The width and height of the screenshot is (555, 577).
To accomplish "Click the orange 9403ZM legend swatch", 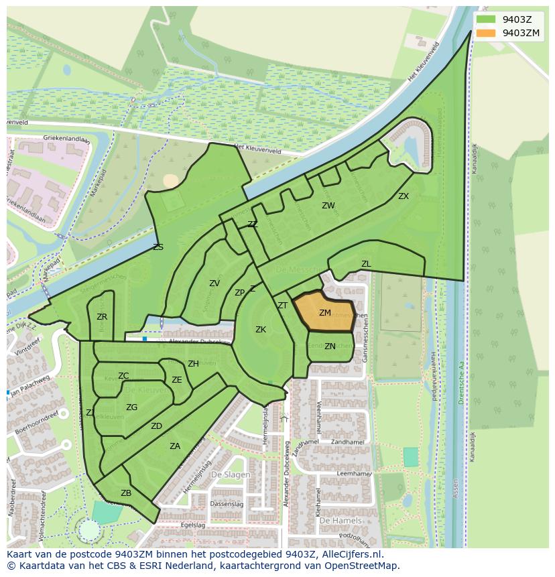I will click(487, 33).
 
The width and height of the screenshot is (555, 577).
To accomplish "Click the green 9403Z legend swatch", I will click(487, 19).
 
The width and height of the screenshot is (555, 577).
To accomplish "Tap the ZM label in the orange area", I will click(325, 313).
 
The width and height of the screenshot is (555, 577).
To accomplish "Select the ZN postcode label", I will click(330, 346).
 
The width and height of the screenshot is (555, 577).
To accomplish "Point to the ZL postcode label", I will click(366, 264).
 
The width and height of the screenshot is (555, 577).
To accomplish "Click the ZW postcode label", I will click(328, 206).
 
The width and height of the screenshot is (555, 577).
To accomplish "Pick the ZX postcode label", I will click(404, 196).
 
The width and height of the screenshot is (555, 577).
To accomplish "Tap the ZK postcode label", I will click(261, 330).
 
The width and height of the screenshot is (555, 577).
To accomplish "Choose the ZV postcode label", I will click(214, 283).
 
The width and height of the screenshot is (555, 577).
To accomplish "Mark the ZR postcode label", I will click(102, 317).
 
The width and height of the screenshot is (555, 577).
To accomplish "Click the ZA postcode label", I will click(175, 446).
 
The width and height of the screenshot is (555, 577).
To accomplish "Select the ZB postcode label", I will click(126, 493).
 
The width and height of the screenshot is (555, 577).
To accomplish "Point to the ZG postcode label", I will click(132, 407).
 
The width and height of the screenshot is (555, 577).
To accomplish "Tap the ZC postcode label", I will click(123, 376).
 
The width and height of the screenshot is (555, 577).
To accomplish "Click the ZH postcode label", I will click(193, 364).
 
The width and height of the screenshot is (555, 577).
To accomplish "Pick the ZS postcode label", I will click(158, 247).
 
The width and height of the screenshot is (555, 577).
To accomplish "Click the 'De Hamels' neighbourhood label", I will click(341, 520).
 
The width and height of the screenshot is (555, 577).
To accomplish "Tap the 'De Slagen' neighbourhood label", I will click(231, 474).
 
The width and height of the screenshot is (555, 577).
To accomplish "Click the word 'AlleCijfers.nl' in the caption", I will click(351, 554).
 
